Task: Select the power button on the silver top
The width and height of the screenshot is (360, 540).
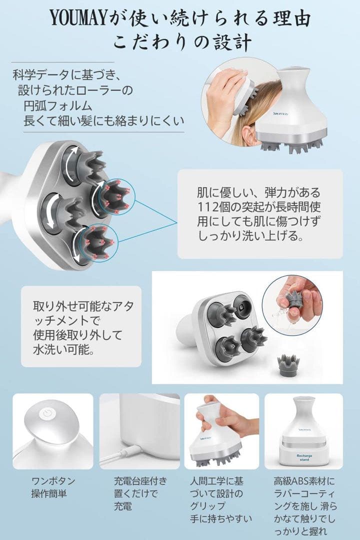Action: (x=47, y=414)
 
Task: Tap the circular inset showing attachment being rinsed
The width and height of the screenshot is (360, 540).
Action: (x=292, y=304)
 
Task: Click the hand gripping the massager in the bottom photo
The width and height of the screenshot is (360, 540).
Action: (x=235, y=420)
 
